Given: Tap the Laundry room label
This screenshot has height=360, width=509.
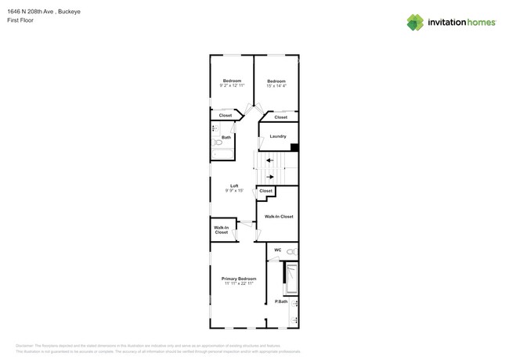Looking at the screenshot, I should pyautogui.click(x=277, y=136).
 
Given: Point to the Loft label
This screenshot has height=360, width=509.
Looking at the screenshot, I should pyautogui.click(x=233, y=185).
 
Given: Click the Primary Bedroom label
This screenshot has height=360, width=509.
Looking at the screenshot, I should pyautogui.click(x=239, y=279).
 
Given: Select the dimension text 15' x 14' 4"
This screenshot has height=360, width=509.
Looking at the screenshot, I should pyautogui.click(x=276, y=85).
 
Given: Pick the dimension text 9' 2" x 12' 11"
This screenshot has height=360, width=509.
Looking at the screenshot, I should pyautogui.click(x=232, y=85).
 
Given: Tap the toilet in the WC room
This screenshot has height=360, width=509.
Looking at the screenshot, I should pyautogui.click(x=291, y=251).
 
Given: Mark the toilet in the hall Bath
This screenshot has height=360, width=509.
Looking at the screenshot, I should pyautogui.click(x=218, y=142).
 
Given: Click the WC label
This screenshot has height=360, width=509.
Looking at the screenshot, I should pyautogui.click(x=277, y=250).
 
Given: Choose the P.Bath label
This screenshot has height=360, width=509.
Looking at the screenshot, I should pyautogui.click(x=280, y=301).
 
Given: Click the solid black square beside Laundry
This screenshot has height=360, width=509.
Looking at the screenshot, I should pyautogui.click(x=294, y=146).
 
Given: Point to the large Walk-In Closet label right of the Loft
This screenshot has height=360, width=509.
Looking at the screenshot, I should pyautogui.click(x=279, y=216).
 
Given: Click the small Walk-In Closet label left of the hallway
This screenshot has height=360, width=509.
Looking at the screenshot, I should pyautogui.click(x=222, y=230).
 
